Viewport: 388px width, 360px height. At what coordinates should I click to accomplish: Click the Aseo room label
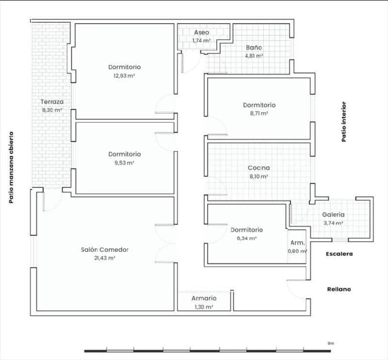pyautogui.click(x=202, y=32)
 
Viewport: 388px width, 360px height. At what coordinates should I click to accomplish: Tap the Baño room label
pyautogui.click(x=254, y=48)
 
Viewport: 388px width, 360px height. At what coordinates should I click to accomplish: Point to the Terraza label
pyautogui.click(x=52, y=102)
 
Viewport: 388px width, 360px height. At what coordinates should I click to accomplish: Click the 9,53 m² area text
pyautogui.click(x=125, y=163)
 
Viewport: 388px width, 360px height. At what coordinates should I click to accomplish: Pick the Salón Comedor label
pyautogui.click(x=105, y=250)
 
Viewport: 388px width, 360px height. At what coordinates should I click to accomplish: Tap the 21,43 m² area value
pyautogui.click(x=105, y=258)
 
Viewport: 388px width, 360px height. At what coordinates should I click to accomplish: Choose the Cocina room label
pyautogui.click(x=259, y=168)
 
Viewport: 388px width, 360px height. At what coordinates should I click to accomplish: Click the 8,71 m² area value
pyautogui.click(x=259, y=113)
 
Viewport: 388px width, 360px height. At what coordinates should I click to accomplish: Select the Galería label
pyautogui.click(x=333, y=214)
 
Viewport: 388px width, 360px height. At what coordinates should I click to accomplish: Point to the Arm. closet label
pyautogui.click(x=297, y=243)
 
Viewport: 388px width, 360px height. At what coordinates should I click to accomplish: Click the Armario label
pyautogui.click(x=204, y=298)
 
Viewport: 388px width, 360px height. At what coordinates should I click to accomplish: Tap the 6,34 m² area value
pyautogui.click(x=246, y=238)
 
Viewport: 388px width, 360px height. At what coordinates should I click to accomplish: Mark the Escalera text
pyautogui.click(x=339, y=254)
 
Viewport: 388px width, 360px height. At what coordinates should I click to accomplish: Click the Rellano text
pyautogui.click(x=338, y=289)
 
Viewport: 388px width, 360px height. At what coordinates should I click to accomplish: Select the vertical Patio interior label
pyautogui.click(x=344, y=122)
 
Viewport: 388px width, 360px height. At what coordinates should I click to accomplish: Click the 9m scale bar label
pyautogui.click(x=331, y=343)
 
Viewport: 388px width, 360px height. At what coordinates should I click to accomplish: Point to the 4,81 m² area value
pyautogui.click(x=254, y=56)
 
